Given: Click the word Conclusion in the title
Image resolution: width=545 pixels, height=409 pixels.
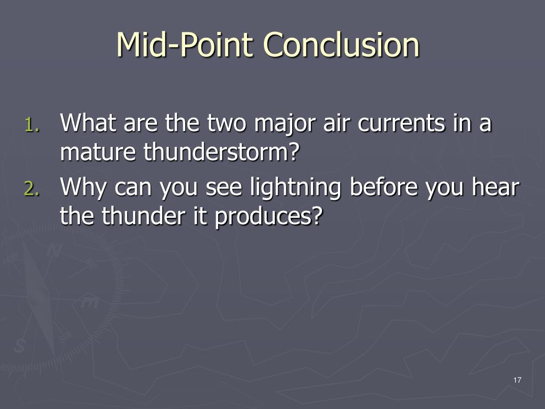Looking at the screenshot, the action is pyautogui.click(x=342, y=45).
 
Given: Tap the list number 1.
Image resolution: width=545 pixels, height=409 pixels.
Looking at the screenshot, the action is pyautogui.click(x=32, y=125).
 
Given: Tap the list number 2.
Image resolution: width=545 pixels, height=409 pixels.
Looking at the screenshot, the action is pyautogui.click(x=32, y=189).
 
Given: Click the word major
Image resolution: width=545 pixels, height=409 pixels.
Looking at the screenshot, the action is pyautogui.click(x=285, y=125).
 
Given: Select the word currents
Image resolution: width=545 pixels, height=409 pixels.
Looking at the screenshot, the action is pyautogui.click(x=401, y=124).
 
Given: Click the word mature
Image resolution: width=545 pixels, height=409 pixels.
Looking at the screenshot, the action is pyautogui.click(x=98, y=152).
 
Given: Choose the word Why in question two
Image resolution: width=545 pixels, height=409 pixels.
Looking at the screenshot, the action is pyautogui.click(x=83, y=188).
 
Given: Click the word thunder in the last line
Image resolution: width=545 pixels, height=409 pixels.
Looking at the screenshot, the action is pyautogui.click(x=143, y=216).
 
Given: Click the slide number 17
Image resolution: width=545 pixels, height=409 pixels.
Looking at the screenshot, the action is pyautogui.click(x=517, y=380).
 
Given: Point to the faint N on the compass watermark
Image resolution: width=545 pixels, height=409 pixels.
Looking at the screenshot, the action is pyautogui.click(x=54, y=250).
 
